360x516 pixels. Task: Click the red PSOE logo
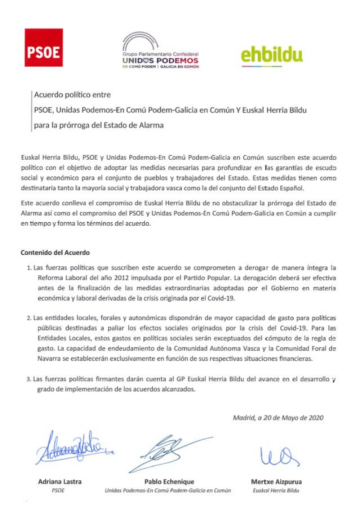(44, 48)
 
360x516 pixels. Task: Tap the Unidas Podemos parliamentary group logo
(160, 51)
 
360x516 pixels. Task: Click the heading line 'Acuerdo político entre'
(72, 94)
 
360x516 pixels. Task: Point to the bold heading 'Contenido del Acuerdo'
(55, 253)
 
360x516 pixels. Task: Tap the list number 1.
(29, 268)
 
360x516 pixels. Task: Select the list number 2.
(29, 318)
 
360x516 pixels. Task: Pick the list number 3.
(29, 379)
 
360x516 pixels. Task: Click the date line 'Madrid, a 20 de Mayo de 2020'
(278, 418)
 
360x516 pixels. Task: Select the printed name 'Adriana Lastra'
(60, 481)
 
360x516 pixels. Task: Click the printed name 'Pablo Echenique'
(169, 481)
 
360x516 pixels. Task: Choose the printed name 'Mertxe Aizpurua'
(276, 481)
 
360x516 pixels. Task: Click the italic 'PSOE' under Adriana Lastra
(58, 490)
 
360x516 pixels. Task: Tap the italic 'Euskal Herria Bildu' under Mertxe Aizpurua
(276, 490)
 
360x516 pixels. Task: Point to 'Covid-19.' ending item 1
(220, 298)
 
